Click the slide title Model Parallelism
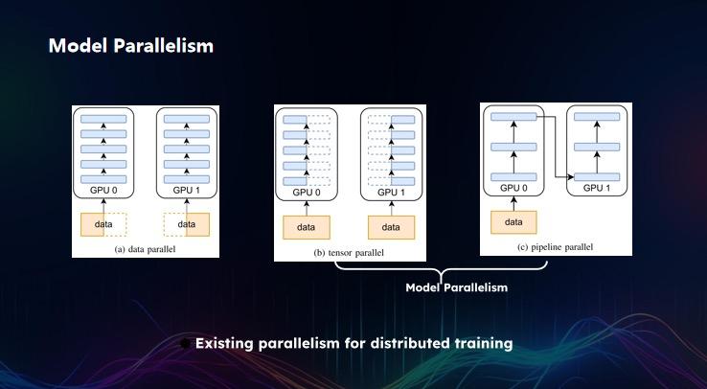pyautogui.click(x=130, y=46)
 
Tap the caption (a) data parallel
pyautogui.click(x=145, y=249)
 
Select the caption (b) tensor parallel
pyautogui.click(x=349, y=253)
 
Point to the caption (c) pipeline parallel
pyautogui.click(x=555, y=247)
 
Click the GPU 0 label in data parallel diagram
pyautogui.click(x=103, y=191)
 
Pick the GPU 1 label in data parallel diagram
pyautogui.click(x=186, y=191)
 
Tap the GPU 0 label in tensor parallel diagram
pyautogui.click(x=307, y=193)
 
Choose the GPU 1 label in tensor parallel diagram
pyautogui.click(x=391, y=193)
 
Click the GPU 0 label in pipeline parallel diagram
pyautogui.click(x=513, y=188)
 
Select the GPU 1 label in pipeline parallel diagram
pyautogui.click(x=597, y=188)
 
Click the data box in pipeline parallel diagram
pyautogui.click(x=513, y=222)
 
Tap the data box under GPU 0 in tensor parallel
pyautogui.click(x=307, y=227)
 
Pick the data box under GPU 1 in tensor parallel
pyautogui.click(x=391, y=227)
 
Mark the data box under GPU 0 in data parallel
pyautogui.click(x=103, y=224)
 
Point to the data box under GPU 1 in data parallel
pyautogui.click(x=186, y=224)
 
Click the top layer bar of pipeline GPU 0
pyautogui.click(x=513, y=117)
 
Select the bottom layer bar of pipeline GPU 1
pyautogui.click(x=597, y=177)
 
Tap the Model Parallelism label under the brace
pyautogui.click(x=456, y=287)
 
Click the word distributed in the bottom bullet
pyautogui.click(x=399, y=343)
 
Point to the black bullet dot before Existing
pyautogui.click(x=185, y=344)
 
